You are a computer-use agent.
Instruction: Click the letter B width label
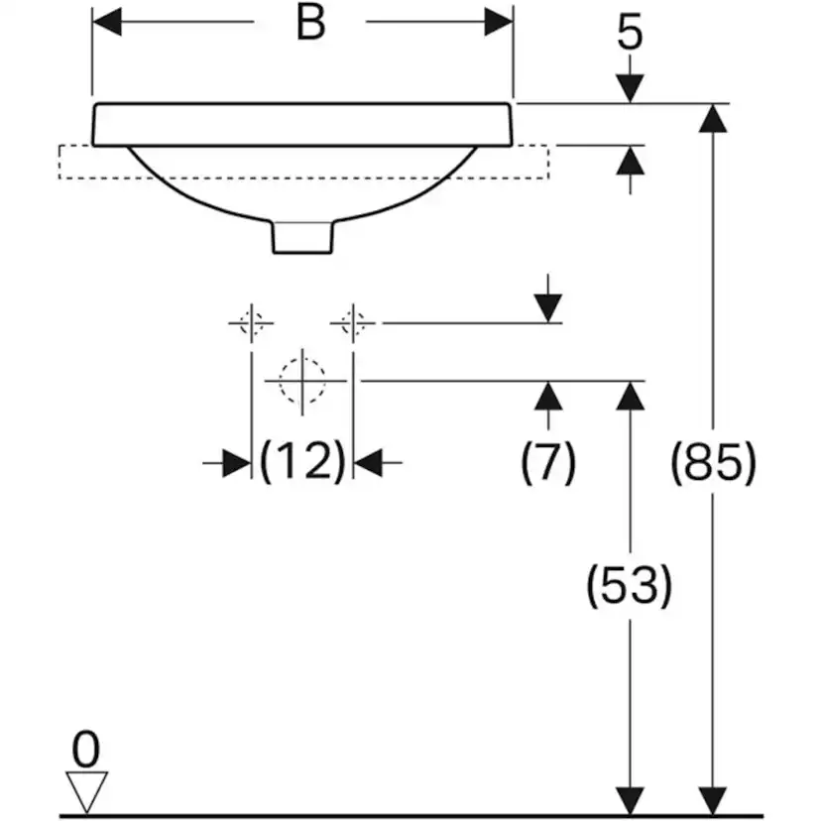(x=311, y=23)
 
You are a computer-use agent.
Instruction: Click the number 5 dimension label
(x=630, y=34)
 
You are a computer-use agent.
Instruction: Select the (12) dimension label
(x=302, y=461)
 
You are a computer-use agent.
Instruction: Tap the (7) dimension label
(x=548, y=462)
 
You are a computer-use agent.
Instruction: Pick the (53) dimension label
(x=629, y=585)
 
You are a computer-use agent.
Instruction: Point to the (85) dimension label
(x=714, y=463)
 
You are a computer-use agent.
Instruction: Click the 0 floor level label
(x=86, y=750)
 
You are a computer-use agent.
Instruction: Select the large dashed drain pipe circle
(x=302, y=381)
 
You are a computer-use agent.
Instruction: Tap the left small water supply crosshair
(x=251, y=323)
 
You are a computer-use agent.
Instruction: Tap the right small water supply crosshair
(x=353, y=323)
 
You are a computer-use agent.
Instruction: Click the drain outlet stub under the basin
(x=302, y=238)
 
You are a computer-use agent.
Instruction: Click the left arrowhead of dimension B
(x=107, y=22)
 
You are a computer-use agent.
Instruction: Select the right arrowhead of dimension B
(x=499, y=22)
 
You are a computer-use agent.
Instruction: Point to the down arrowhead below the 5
(x=630, y=89)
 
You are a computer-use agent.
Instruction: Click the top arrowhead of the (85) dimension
(x=713, y=118)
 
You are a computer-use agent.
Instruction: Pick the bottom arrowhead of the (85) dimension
(x=713, y=801)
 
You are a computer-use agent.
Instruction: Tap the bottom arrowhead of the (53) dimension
(x=630, y=801)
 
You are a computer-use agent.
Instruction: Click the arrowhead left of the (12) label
(x=237, y=463)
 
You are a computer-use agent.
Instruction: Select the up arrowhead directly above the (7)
(x=548, y=396)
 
